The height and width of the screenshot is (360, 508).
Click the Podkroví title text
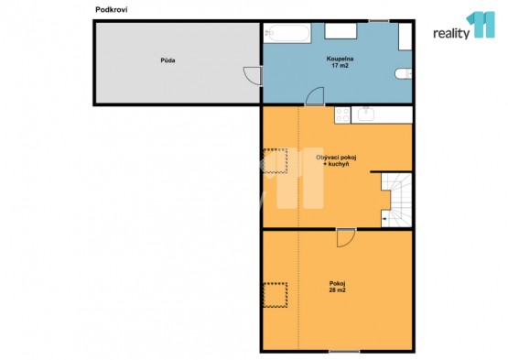(x=111, y=10)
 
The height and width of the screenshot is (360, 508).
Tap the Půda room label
(x=168, y=60)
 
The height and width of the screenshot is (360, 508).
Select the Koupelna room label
(x=340, y=59)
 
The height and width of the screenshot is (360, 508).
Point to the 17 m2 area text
(x=340, y=66)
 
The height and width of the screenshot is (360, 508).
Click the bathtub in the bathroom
(x=287, y=33)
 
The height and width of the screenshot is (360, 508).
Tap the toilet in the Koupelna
(x=403, y=73)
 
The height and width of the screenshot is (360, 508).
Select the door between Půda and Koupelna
(x=253, y=75)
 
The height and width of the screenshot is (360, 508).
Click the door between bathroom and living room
(x=315, y=96)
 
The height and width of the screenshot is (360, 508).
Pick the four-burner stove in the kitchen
(x=342, y=115)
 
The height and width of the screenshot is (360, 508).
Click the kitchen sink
(x=366, y=115)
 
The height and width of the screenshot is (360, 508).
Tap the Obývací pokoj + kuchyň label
(x=336, y=160)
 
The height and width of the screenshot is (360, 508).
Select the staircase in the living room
(x=396, y=200)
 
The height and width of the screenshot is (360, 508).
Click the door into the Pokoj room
(x=346, y=238)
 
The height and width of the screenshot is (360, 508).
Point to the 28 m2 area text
(x=337, y=290)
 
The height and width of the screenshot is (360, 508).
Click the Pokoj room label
(x=337, y=283)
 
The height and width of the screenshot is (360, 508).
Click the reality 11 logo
(x=464, y=26)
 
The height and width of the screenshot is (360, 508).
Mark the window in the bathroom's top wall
(x=378, y=21)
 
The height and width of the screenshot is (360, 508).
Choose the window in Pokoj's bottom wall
(x=344, y=351)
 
